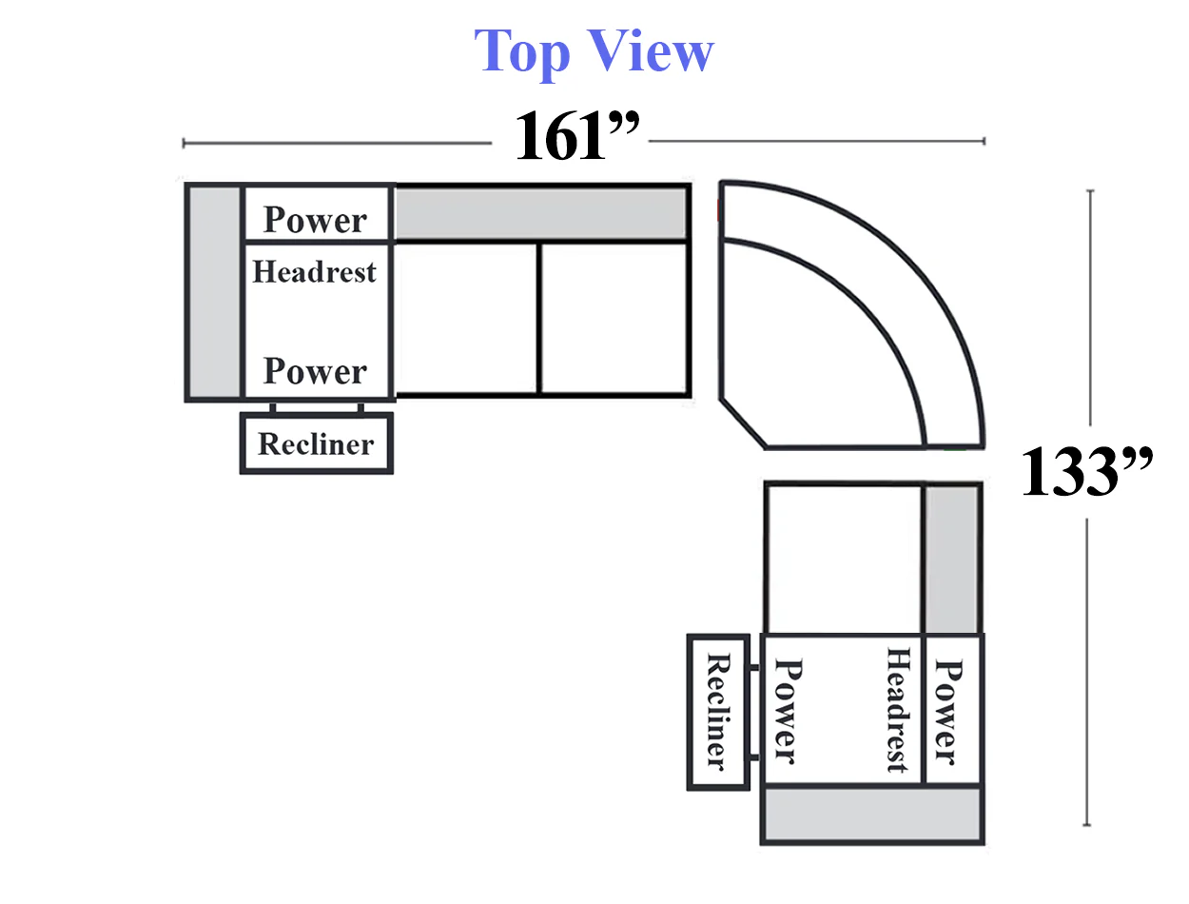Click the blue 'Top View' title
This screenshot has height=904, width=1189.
point(594,52)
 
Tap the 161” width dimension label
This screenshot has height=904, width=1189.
point(576,135)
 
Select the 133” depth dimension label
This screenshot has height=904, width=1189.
point(1086,471)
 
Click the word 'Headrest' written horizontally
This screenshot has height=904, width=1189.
point(314,271)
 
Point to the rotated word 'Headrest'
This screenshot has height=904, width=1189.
point(898,710)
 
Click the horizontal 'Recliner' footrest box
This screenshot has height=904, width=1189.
point(317,443)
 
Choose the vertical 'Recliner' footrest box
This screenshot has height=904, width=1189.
point(718,713)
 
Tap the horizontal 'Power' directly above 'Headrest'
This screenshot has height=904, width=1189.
point(315,220)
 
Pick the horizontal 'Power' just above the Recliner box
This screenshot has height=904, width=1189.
point(315,371)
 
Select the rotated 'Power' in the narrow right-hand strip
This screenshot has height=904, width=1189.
point(947,713)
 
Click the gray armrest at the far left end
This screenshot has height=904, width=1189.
point(215,292)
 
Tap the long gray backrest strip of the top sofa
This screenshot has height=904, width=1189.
point(541,213)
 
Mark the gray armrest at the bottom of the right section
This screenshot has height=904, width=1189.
point(872,814)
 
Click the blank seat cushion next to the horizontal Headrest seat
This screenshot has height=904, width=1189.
point(466,318)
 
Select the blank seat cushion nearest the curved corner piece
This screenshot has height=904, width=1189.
point(614,318)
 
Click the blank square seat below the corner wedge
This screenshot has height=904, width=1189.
point(844,559)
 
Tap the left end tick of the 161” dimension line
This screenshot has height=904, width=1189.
point(184,143)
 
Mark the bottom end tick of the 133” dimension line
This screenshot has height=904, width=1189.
point(1086,825)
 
